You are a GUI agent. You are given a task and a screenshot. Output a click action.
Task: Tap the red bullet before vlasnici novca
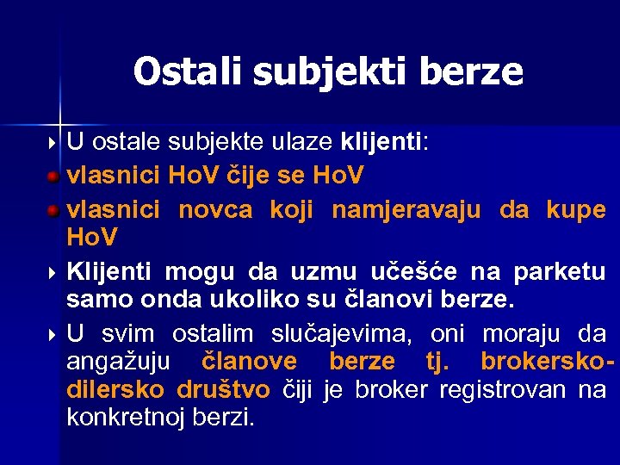(53, 209)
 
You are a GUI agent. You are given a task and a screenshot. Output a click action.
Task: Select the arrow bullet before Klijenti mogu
(53, 272)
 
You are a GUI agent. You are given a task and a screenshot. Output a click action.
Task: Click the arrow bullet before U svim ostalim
(53, 334)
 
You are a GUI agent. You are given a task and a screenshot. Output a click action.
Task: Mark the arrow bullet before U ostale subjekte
(53, 141)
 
